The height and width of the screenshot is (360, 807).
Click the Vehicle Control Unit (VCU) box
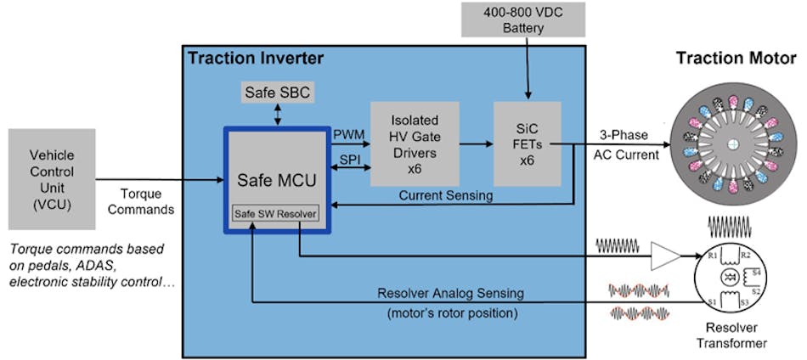click(52, 179)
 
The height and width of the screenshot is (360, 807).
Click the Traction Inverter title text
click(256, 59)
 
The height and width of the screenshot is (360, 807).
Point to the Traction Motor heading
click(736, 59)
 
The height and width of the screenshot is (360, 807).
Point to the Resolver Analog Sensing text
click(450, 293)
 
